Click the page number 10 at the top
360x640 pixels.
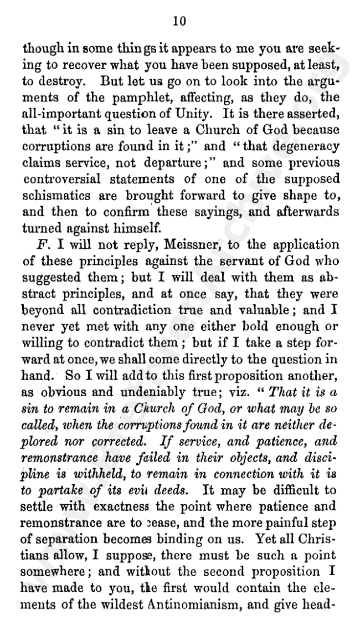[178, 21]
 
